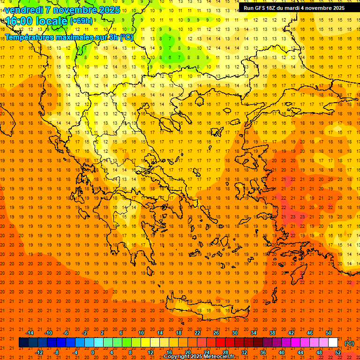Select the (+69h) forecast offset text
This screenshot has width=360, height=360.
pos(81,21)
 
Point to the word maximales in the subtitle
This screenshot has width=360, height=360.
pos(75,37)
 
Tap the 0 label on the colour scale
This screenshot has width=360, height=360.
pos(93,352)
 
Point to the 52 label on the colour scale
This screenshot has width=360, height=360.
pos(337,352)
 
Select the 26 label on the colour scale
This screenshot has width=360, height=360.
pos(216,333)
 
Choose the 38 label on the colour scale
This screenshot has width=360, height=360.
pos(272,333)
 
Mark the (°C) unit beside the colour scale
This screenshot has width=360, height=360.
pos(349,343)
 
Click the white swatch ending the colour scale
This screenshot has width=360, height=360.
pos(333,343)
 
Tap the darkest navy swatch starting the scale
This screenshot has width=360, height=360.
pos(23,343)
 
